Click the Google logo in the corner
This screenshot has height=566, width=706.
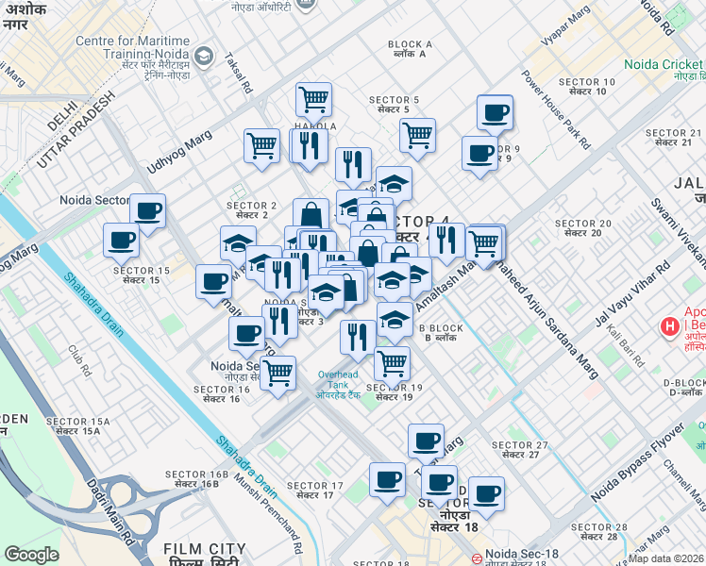point(32,555)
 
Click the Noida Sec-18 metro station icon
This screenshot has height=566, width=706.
point(479,557)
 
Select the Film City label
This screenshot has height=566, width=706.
point(204,549)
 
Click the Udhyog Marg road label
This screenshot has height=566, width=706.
point(179,154)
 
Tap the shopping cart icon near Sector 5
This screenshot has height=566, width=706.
point(416,134)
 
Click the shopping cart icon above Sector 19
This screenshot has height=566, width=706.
point(392,361)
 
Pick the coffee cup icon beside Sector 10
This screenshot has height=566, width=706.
point(495,113)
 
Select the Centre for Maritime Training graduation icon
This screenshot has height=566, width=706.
point(203,57)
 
